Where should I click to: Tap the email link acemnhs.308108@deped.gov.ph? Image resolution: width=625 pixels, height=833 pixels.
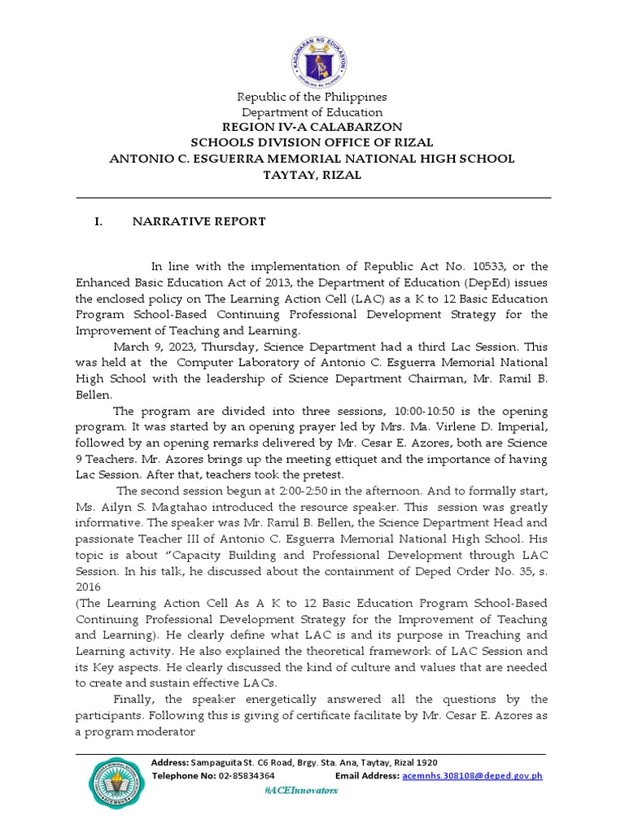(472, 776)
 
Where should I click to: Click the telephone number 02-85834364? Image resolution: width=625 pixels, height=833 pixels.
(245, 776)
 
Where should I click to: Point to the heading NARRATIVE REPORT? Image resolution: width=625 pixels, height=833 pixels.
(199, 221)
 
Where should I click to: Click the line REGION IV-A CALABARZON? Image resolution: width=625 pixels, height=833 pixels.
(312, 128)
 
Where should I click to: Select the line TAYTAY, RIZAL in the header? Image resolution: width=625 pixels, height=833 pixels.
(312, 174)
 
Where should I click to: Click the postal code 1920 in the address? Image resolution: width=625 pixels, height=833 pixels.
(424, 762)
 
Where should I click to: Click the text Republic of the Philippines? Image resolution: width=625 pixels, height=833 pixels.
(312, 97)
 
